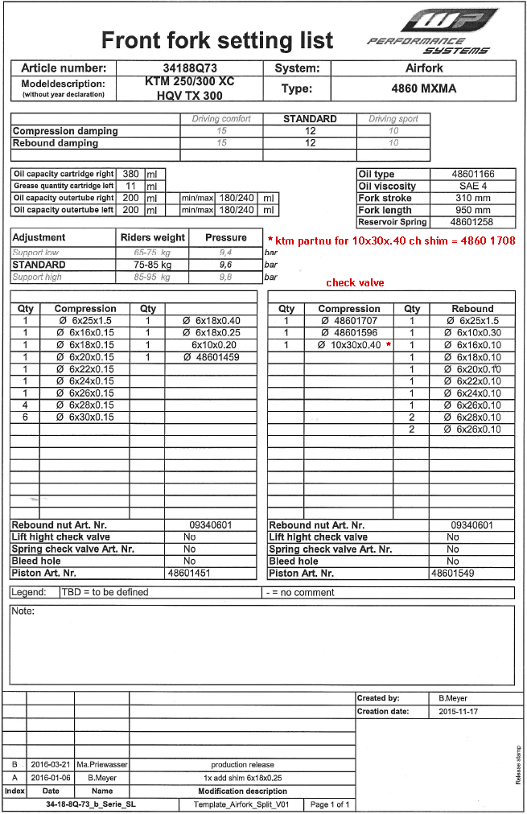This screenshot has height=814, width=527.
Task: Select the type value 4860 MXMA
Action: pos(423,89)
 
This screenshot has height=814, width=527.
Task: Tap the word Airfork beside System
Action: pos(423,68)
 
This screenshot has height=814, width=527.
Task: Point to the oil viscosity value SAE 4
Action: pos(472,186)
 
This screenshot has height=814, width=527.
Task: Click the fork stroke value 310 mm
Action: pos(472,198)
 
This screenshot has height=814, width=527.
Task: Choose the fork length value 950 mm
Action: pos(472,210)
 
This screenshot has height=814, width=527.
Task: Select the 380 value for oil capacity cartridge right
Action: pos(130,174)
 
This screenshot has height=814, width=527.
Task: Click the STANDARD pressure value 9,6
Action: pos(225,265)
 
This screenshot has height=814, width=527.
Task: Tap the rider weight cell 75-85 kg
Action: pos(152,265)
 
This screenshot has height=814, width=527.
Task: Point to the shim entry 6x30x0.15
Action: pos(85,417)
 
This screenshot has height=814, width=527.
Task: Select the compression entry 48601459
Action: pos(211,357)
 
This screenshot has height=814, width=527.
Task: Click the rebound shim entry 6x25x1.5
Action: pos(472,321)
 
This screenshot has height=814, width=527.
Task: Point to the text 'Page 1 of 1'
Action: pos(330,804)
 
